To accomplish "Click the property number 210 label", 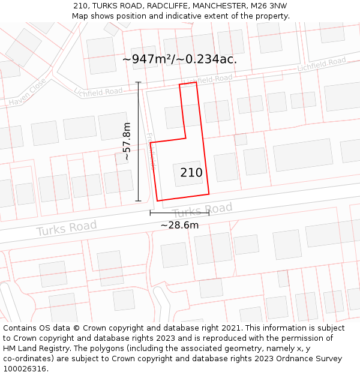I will coord(191,173).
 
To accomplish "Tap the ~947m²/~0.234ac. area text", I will coord(179,59).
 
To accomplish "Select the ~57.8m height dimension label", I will coord(127,141).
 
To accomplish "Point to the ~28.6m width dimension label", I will coord(179,225).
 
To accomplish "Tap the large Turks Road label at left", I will coord(66,228).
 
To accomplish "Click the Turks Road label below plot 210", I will coord(202,211).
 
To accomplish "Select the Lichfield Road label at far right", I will coord(322,64).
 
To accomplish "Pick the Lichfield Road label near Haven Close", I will coord(99,91).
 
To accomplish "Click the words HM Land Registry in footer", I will coord(30,348).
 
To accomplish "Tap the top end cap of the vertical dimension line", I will coord(139,82).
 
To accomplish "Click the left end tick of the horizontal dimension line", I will coord(151,212).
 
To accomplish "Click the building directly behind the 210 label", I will coord(187,173).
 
